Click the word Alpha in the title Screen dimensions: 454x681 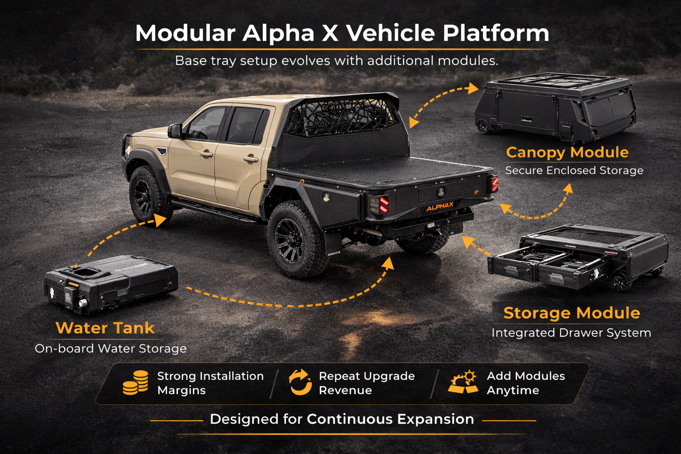click(278, 33)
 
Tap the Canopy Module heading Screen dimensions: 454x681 click(567, 153)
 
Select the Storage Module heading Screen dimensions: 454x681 click(571, 313)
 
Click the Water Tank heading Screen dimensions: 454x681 click(105, 328)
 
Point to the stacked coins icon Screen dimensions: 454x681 click(136, 383)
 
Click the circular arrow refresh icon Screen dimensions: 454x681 click(300, 382)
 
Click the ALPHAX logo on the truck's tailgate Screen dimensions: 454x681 click(440, 207)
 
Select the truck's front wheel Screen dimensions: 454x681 click(147, 195)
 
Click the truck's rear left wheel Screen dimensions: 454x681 click(296, 239)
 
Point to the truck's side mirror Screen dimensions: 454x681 click(174, 131)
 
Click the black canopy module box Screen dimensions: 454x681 click(555, 107)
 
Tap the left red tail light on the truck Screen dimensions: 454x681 click(384, 204)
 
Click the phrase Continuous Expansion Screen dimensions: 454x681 click(390, 419)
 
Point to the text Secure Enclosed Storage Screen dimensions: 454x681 click(574, 171)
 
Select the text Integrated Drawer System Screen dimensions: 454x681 click(571, 333)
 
